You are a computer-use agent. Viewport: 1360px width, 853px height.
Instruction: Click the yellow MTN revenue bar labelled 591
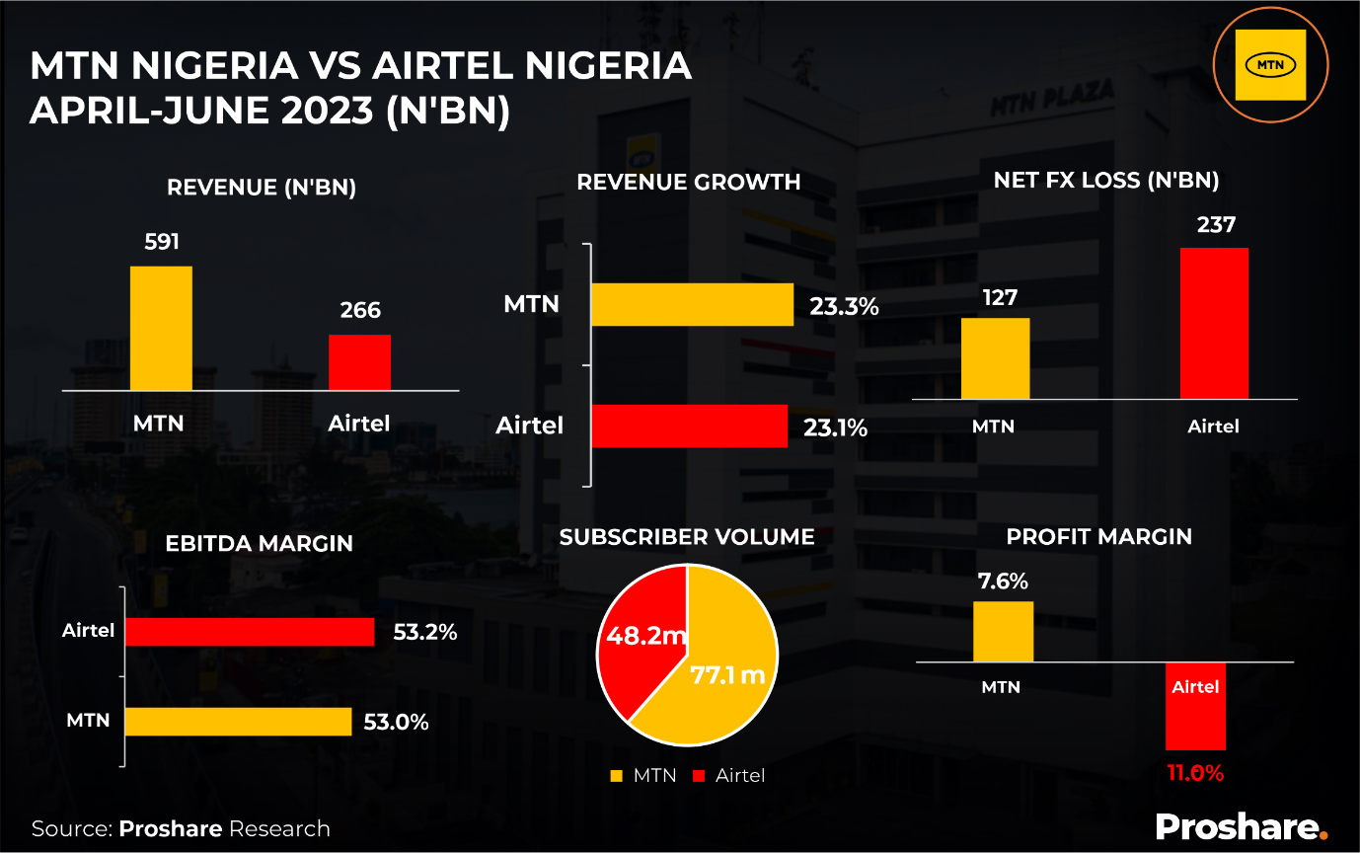coord(161,328)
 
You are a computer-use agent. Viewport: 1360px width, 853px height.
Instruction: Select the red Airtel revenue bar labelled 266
coord(359,361)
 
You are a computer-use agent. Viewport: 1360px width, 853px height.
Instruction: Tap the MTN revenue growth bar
coord(692,304)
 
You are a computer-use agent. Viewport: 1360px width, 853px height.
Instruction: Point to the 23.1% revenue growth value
coord(838,427)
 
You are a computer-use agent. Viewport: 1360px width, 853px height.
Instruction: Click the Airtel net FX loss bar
coord(1214,323)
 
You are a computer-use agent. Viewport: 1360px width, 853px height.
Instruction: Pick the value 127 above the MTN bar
coord(1000,298)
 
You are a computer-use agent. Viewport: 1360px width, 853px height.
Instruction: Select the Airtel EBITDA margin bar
coord(249,632)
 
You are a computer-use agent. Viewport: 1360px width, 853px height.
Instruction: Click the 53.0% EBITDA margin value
coord(396,722)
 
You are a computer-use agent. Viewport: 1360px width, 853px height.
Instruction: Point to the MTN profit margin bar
coord(1003,631)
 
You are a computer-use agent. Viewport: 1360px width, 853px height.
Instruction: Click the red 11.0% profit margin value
coord(1195,773)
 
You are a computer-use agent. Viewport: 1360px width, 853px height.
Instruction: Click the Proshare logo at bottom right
coord(1242,826)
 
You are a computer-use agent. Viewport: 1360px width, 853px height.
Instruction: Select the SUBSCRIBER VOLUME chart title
coord(687,537)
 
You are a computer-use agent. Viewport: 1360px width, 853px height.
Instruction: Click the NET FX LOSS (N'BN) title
coord(1105,181)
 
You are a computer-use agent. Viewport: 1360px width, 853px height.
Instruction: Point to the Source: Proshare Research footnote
coord(181,828)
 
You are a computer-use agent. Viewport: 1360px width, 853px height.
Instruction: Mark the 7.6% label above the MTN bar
coord(1003,582)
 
